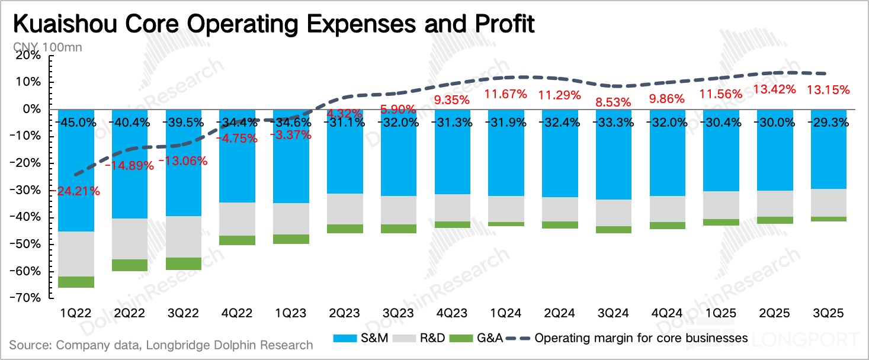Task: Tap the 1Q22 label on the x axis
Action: [76, 313]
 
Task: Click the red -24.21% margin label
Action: [75, 191]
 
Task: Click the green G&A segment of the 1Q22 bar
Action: [76, 282]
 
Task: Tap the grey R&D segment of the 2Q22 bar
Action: [130, 239]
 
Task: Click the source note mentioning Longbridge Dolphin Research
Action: [161, 344]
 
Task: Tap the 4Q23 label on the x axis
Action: [453, 313]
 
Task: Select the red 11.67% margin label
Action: [506, 94]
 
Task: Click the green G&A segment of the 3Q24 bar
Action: [614, 230]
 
